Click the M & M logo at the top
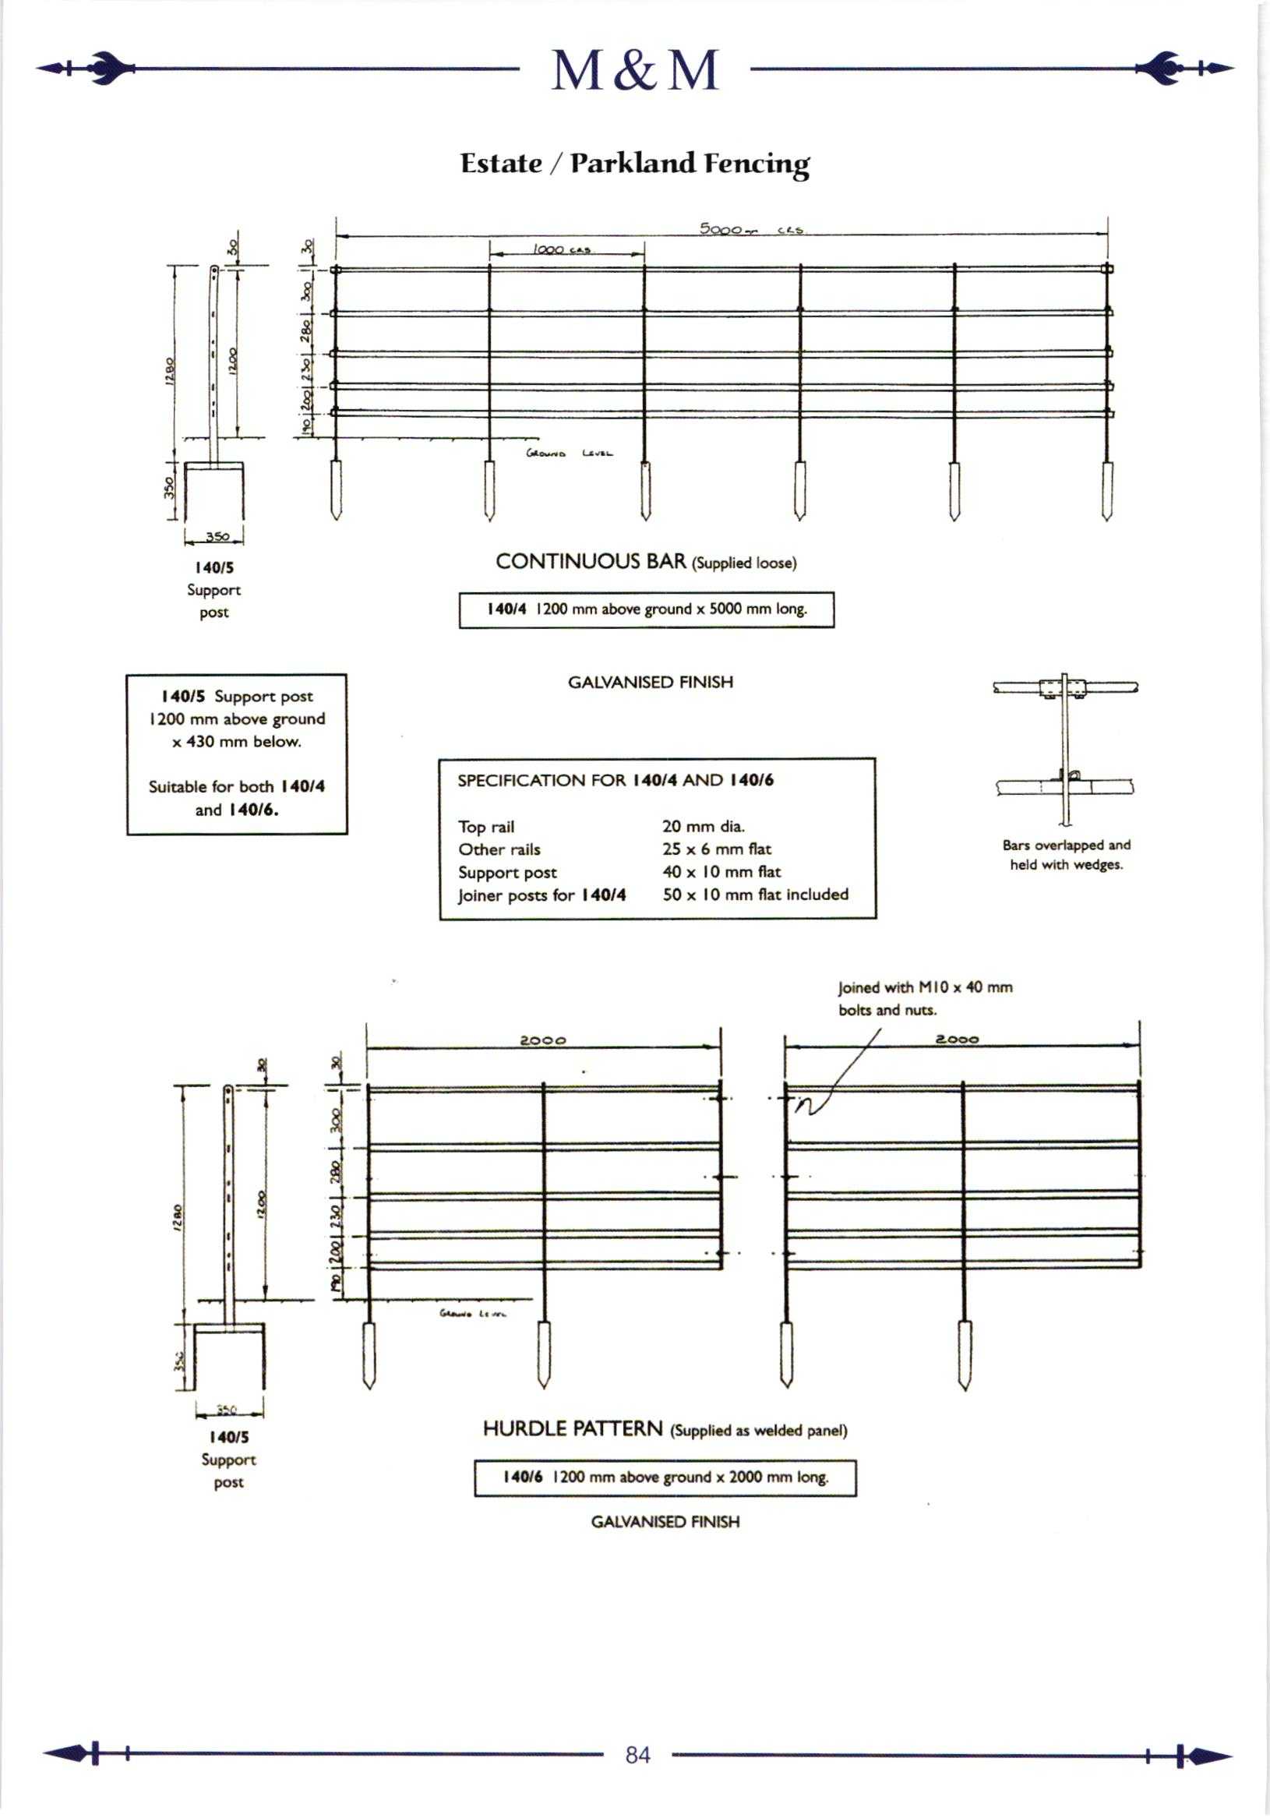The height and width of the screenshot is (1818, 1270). (635, 70)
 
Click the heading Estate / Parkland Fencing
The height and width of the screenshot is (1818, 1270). (635, 163)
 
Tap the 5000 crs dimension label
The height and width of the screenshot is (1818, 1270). (750, 230)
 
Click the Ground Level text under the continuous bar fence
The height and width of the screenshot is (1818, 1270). (569, 454)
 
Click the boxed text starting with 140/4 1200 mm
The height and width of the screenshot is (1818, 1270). (646, 609)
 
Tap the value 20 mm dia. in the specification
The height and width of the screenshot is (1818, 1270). (703, 827)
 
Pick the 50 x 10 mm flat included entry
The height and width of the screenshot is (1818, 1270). (755, 895)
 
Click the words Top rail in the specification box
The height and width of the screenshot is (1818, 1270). (486, 827)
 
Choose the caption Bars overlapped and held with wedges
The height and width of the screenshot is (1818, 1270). (1066, 855)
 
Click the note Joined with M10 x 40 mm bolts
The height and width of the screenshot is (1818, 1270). (925, 997)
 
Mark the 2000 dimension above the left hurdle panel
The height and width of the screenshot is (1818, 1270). (542, 1040)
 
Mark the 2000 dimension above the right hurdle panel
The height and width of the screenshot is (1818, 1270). (958, 1039)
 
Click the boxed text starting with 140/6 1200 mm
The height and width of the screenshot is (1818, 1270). (665, 1477)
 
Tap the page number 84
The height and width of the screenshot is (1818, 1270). (637, 1756)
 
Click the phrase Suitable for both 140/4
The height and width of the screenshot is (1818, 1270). (237, 786)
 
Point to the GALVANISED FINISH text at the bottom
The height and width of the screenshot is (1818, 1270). (665, 1522)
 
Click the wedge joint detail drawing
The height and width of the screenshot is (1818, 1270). (1065, 744)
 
